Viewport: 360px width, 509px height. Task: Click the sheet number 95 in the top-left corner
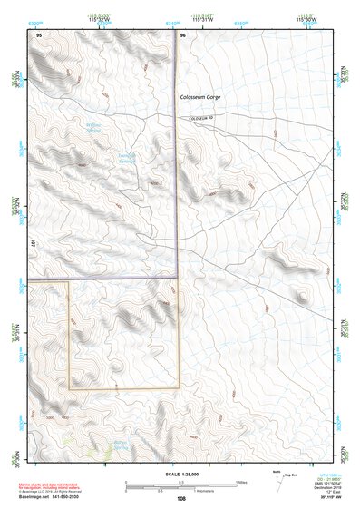click(38, 34)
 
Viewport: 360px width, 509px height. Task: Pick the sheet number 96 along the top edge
click(183, 34)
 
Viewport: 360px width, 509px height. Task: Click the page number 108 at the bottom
click(181, 498)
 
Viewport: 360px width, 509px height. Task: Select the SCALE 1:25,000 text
click(179, 475)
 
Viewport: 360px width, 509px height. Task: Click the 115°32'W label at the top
click(100, 18)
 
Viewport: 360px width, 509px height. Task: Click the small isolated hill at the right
click(301, 295)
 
